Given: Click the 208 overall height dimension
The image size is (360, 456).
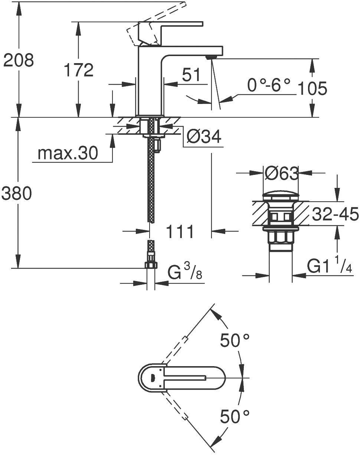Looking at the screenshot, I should point(18,60).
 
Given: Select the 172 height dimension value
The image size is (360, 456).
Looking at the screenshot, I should point(78,70).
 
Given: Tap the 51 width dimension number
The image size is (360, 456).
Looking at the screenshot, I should point(191,75).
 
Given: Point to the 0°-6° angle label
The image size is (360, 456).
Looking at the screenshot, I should point(269,86).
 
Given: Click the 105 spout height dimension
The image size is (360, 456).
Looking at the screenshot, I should point(312,89).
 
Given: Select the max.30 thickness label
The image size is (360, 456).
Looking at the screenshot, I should point(68,153).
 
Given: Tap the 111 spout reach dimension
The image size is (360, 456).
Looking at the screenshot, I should point(180,232).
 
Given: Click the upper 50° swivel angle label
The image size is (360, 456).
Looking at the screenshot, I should point(235,340).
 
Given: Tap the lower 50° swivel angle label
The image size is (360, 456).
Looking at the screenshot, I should point(235,416).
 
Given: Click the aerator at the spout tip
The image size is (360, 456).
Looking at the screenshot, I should point(210,56).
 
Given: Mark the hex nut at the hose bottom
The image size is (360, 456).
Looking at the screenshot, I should point(150,265).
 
